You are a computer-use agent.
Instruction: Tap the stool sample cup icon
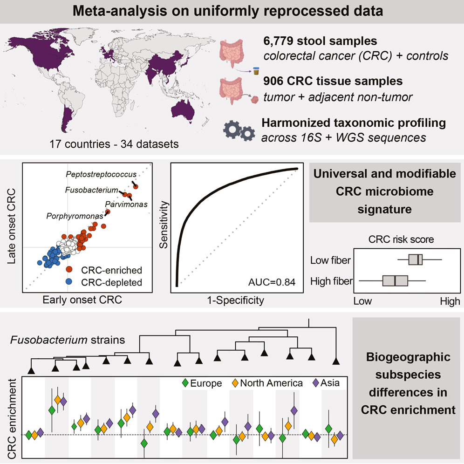256,71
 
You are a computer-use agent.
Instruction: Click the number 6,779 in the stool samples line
278,41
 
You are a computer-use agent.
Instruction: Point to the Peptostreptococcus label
101,174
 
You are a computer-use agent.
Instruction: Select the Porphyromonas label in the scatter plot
75,216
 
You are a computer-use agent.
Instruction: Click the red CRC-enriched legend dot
69,269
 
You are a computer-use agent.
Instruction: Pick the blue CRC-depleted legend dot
69,281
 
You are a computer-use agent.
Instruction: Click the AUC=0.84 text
272,282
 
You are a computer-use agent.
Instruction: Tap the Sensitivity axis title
164,225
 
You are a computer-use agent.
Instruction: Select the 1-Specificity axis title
236,300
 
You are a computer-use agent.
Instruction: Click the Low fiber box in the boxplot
415,259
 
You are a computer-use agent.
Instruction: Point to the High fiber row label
331,281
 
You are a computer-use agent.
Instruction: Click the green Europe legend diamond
185,383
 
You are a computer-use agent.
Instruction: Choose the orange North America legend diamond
235,383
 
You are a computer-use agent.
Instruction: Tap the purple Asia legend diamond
316,383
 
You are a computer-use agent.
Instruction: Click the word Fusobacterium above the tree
49,340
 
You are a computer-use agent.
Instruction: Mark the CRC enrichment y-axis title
12,419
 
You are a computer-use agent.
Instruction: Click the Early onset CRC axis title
82,300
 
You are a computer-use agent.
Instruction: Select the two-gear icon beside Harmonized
239,130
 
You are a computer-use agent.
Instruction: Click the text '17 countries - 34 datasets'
114,144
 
